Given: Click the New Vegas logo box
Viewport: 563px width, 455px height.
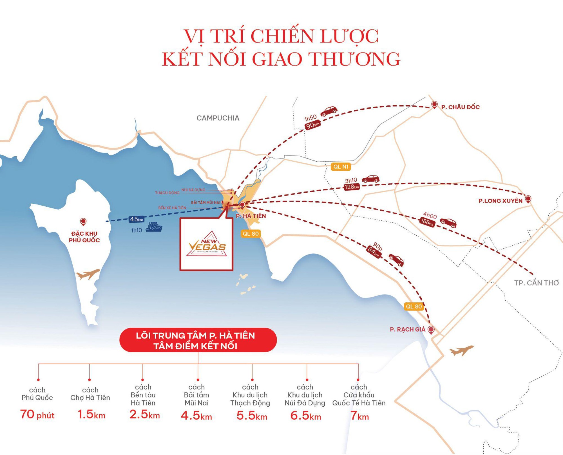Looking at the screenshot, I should click(x=206, y=244).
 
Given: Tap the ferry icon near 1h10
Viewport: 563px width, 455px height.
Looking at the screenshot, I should click(x=154, y=227).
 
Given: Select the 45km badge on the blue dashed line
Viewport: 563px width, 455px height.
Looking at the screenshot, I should click(x=137, y=219).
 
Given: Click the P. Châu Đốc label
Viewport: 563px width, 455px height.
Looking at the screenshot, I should click(x=460, y=107).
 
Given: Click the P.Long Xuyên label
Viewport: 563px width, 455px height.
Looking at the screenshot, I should click(x=500, y=201).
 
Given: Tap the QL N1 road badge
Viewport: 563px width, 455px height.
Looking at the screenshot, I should click(x=341, y=167).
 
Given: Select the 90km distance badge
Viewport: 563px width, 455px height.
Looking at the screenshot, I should click(x=312, y=125).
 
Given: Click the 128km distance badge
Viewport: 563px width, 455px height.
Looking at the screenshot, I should click(x=352, y=187).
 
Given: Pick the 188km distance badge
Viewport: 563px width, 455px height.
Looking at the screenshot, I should click(x=427, y=222).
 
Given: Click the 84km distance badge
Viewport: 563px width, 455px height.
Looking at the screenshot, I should click(x=374, y=252).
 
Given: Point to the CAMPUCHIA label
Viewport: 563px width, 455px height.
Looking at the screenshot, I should click(x=218, y=118).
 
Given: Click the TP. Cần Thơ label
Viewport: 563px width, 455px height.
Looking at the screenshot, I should click(x=536, y=283).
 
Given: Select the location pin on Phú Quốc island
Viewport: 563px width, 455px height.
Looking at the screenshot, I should click(x=83, y=222).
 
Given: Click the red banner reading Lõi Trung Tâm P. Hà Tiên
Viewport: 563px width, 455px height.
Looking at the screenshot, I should click(x=198, y=340).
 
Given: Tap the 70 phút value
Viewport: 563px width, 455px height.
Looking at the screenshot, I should click(x=37, y=415).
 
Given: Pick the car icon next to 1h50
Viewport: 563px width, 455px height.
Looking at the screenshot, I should click(x=329, y=111).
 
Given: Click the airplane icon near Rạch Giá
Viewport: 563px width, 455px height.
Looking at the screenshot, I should click(x=461, y=350).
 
